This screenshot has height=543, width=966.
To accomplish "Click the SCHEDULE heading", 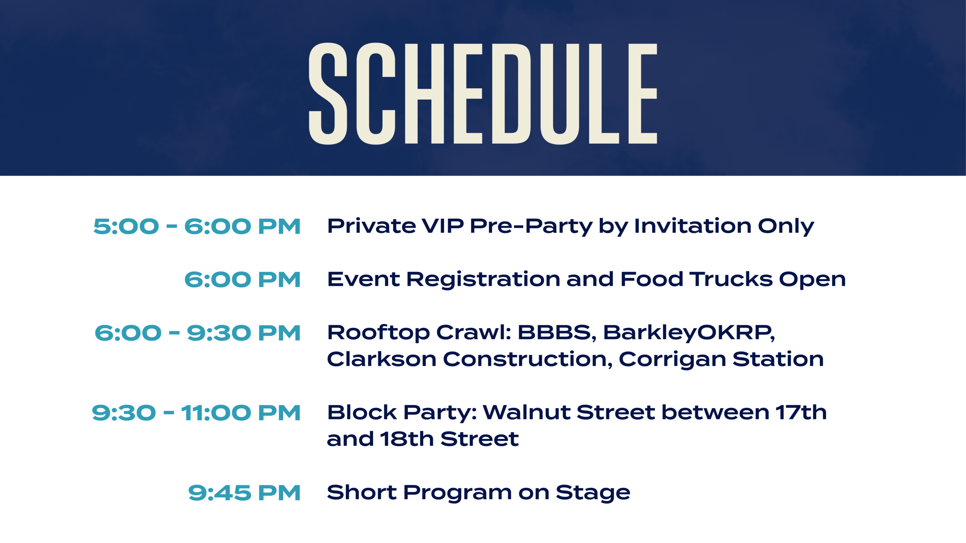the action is pyautogui.click(x=483, y=94).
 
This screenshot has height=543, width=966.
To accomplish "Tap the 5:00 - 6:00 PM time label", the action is pyautogui.click(x=197, y=227).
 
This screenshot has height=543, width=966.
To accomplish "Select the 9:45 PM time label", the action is pyautogui.click(x=245, y=493).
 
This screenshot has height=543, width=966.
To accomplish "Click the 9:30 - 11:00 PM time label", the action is pyautogui.click(x=196, y=413).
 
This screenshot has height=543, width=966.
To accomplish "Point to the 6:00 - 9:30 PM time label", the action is pyautogui.click(x=198, y=333).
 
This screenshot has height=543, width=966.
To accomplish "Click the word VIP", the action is pyautogui.click(x=442, y=226).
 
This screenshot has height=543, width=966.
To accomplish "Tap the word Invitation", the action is pyautogui.click(x=693, y=226).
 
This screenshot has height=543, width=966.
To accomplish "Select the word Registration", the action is pyautogui.click(x=483, y=280).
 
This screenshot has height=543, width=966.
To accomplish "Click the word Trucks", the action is pyautogui.click(x=731, y=279).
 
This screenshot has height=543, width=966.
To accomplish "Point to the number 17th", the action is pyautogui.click(x=801, y=412).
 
